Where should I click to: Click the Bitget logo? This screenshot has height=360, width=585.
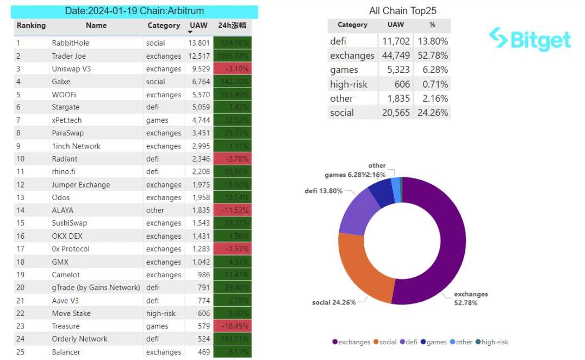(530, 39)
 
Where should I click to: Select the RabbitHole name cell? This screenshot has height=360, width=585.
(71, 43)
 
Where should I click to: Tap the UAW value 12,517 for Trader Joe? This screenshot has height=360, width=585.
(198, 56)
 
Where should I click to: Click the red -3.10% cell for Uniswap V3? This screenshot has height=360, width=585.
(233, 69)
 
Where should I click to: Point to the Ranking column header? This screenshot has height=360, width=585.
(31, 26)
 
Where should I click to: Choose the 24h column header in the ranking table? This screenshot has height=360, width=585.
(233, 26)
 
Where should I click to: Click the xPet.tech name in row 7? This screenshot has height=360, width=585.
(67, 120)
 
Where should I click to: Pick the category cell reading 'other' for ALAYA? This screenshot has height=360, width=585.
(155, 210)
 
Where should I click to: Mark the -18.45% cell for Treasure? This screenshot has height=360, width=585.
(233, 326)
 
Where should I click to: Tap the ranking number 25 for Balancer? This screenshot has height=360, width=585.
(21, 352)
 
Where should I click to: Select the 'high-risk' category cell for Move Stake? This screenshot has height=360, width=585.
(160, 313)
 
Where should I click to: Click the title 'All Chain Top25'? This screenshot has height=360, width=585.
(402, 11)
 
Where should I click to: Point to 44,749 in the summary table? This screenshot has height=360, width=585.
(396, 55)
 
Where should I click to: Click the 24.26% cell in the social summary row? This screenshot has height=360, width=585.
(433, 113)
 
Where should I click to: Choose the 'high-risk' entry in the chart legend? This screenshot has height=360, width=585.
(494, 342)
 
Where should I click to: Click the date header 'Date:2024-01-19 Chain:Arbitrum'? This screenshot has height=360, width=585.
(134, 11)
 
